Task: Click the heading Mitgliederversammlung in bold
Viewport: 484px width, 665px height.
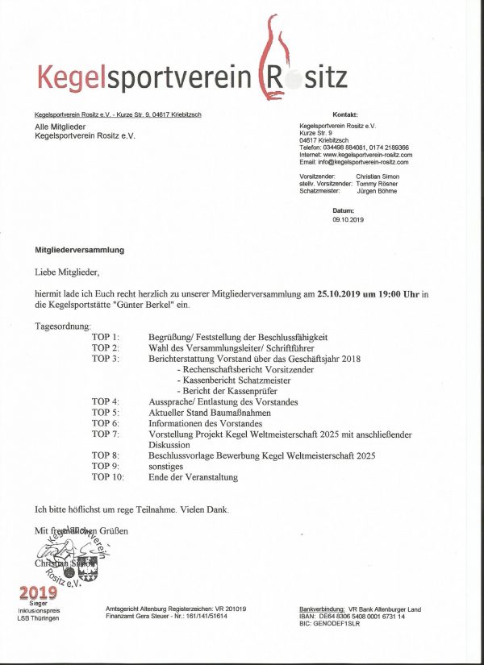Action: [79, 251]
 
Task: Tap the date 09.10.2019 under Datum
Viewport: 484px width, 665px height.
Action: [348, 219]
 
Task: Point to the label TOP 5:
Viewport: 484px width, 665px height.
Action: [105, 412]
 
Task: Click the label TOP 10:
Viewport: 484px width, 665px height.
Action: [108, 477]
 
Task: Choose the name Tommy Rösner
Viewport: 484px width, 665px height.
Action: [377, 183]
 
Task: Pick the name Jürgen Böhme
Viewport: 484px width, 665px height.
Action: [376, 190]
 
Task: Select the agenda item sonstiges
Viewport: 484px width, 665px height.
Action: [166, 466]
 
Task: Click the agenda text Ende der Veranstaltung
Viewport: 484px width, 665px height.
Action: [194, 477]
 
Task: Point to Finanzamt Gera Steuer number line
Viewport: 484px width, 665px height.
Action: [166, 616]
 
